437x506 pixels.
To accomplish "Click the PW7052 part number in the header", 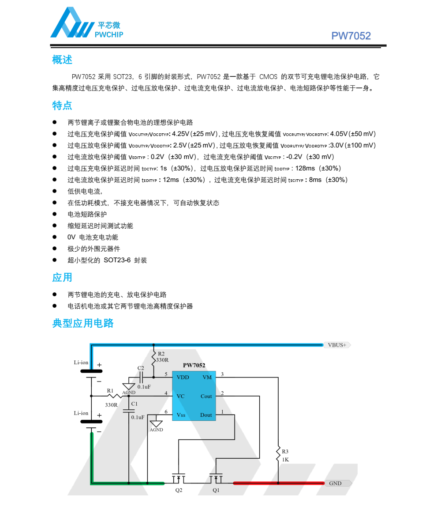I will [x=351, y=36].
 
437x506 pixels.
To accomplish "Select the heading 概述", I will [x=62, y=60].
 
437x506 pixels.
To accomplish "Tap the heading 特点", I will [x=62, y=106].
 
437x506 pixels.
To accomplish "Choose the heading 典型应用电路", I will [x=83, y=323].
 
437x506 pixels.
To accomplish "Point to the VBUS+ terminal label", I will [x=338, y=345].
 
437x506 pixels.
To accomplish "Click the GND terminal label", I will [x=336, y=483].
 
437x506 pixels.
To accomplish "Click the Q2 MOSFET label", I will [x=179, y=490].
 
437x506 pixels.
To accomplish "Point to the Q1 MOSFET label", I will [x=216, y=490].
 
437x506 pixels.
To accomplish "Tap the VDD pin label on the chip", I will [x=183, y=378].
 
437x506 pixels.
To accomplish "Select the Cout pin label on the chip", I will [x=206, y=396].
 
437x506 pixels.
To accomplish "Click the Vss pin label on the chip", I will [x=181, y=415].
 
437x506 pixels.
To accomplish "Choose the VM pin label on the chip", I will [x=207, y=378].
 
